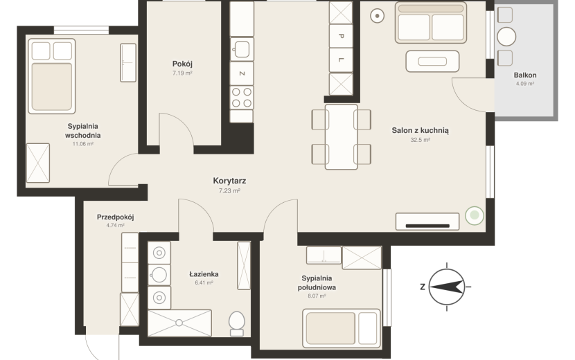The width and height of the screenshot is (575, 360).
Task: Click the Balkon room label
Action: tap(524, 75)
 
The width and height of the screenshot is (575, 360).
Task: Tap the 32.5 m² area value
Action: tap(421, 140)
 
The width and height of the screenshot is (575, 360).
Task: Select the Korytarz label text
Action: tap(229, 181)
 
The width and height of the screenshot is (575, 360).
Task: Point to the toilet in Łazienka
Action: tap(236, 323)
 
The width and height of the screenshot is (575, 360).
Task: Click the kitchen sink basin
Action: tap(242, 49)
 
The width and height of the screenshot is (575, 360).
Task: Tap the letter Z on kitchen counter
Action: tap(242, 73)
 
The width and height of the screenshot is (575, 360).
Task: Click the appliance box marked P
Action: tap(341, 36)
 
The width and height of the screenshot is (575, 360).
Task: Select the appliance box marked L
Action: tap(341, 60)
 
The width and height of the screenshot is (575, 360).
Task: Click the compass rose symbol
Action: tap(447, 287)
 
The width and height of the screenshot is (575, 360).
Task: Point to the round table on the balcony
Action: tap(506, 36)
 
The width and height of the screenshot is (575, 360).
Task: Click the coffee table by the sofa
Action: tap(432, 61)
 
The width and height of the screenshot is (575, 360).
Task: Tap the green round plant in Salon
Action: tap(475, 215)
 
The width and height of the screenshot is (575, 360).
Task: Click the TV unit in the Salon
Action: tap(427, 222)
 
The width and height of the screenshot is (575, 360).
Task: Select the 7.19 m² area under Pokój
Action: tap(182, 73)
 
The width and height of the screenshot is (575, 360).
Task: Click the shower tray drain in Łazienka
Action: tap(179, 323)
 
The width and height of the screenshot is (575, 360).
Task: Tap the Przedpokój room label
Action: tap(115, 217)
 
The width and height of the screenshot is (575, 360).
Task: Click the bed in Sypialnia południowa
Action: tap(342, 328)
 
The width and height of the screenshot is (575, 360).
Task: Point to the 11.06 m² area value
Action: tap(83, 144)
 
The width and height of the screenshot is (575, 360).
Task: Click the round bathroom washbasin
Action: tap(159, 275)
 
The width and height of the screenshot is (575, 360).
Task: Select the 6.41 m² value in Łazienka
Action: tap(204, 282)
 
